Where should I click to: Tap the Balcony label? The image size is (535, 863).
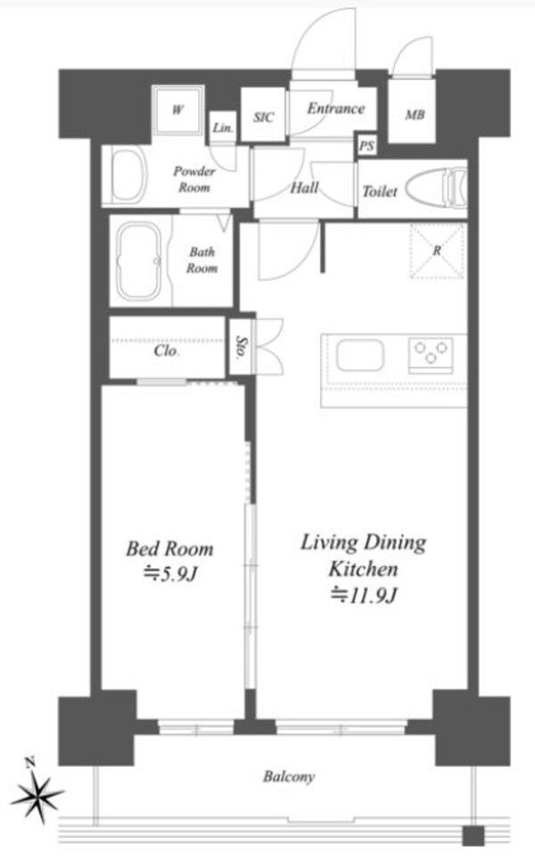point(289,777)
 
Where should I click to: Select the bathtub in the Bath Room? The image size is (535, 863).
point(139,261)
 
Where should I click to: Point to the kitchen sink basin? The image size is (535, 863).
point(360,355)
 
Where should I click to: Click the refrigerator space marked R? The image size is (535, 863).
point(436,251)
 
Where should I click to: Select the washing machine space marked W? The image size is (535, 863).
point(178,110)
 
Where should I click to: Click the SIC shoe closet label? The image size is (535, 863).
point(263,118)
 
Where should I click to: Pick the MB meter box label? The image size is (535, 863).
point(415,115)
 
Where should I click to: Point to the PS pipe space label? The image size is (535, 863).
point(366,146)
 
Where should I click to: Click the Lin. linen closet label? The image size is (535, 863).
point(223,128)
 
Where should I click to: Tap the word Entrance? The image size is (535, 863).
point(335,108)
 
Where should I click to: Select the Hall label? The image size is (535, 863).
point(305,188)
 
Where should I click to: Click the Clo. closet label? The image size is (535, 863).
point(167,351)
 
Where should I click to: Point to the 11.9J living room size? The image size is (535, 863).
point(363,595)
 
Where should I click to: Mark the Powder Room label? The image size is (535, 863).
point(194,179)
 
